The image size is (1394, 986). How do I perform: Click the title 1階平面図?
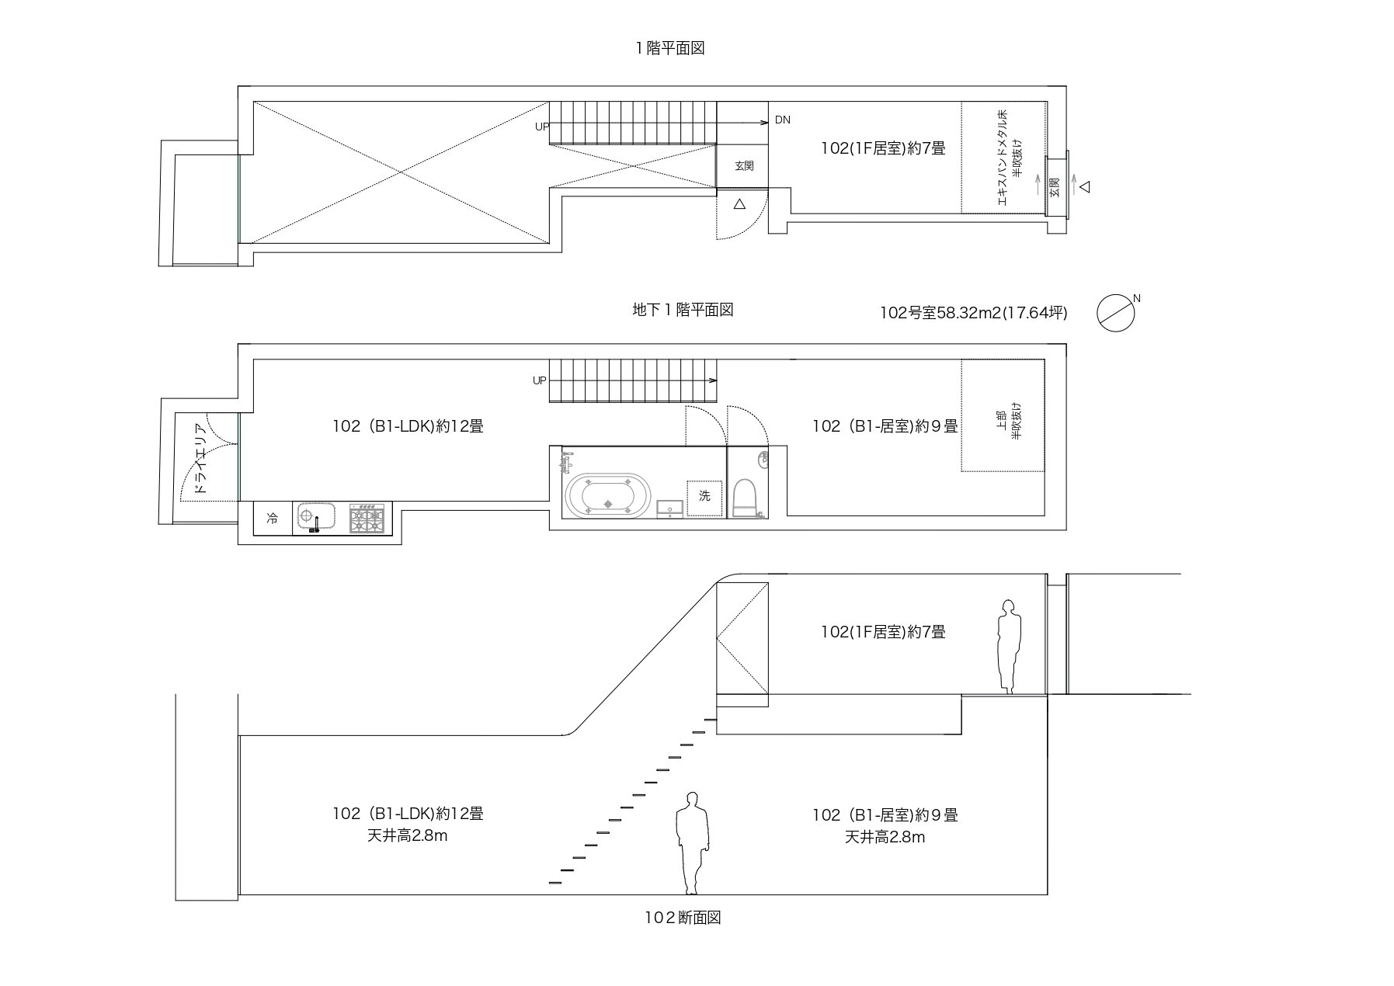point(669,48)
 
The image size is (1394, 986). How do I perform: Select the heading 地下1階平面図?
point(683,310)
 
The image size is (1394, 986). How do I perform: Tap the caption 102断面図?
point(683,918)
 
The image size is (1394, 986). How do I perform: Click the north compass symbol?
point(1116,313)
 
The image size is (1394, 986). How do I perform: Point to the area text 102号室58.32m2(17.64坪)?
point(973,313)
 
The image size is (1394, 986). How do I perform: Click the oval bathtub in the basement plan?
point(606,495)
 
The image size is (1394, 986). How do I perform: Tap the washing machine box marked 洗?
point(704,496)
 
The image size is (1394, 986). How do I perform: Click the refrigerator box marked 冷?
point(273,518)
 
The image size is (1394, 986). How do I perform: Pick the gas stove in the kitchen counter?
point(367,519)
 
